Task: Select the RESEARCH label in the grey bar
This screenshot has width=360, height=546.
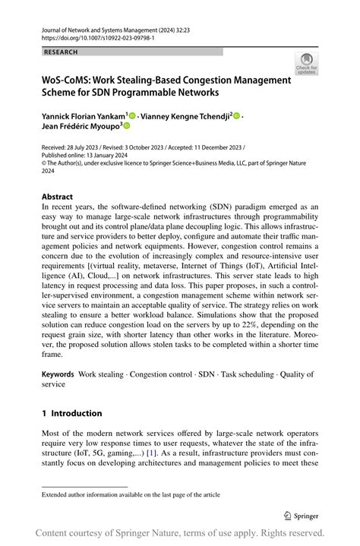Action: point(62,52)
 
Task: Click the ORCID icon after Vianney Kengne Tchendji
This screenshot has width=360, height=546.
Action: point(236,116)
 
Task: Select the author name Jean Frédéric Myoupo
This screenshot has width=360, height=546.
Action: point(79,127)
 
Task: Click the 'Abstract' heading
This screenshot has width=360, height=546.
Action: point(58,196)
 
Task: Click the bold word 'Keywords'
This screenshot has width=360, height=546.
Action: point(58,374)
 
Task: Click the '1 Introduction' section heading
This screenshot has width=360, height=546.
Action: point(71,413)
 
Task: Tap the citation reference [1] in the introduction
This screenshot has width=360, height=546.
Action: point(153,451)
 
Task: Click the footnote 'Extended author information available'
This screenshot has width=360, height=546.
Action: point(131,494)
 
